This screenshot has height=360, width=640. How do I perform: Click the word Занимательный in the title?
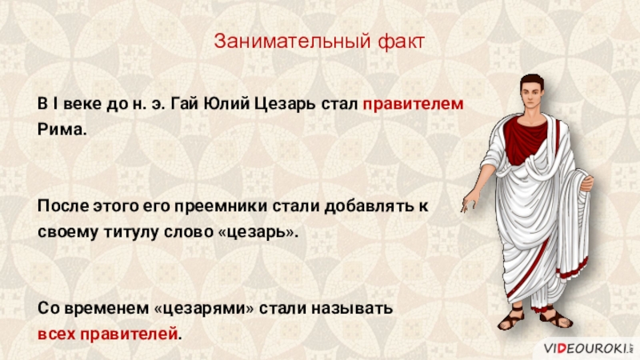click(293, 42)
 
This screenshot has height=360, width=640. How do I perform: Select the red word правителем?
click(413, 105)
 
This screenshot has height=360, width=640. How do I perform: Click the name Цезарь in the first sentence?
click(285, 105)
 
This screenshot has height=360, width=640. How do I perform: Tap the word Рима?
click(62, 130)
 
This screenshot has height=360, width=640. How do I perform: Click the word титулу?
click(131, 232)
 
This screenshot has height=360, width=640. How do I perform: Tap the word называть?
click(352, 309)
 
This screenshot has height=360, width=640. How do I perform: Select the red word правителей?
click(129, 334)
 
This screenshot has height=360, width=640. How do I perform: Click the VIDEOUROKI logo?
click(589, 348)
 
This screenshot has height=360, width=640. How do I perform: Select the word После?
click(62, 206)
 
